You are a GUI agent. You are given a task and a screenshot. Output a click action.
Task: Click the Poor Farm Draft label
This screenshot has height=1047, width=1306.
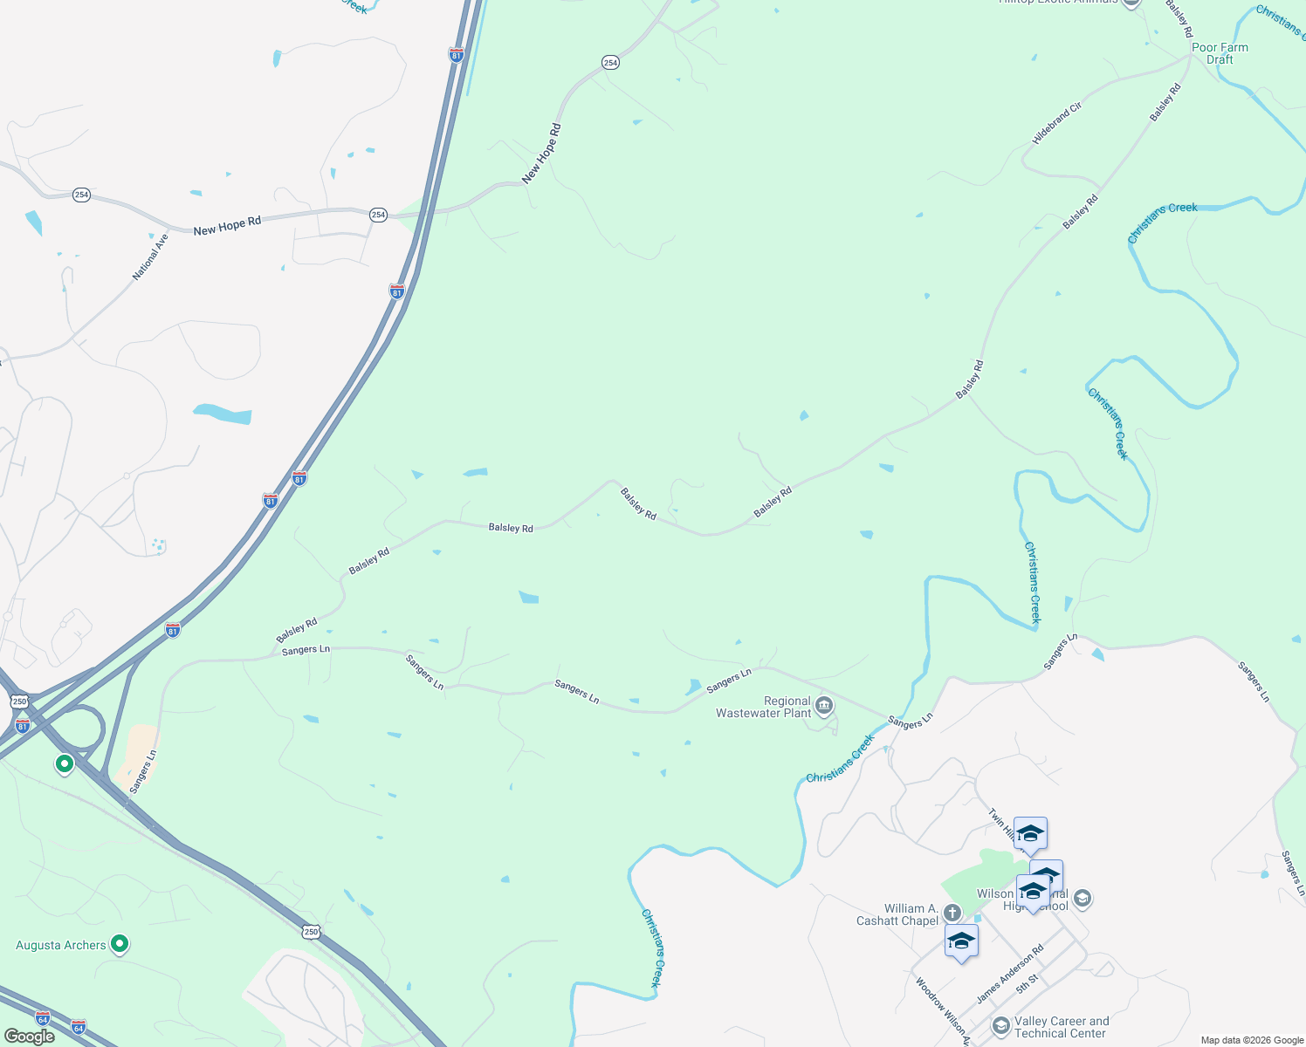[x=1220, y=54]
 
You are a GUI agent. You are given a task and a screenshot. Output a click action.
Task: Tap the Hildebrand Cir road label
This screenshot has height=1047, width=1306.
[x=1056, y=123]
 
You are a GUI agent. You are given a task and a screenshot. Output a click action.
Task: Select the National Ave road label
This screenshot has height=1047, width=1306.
[x=150, y=257]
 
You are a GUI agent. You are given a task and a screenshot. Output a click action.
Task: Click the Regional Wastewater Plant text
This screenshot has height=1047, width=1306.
[x=764, y=707]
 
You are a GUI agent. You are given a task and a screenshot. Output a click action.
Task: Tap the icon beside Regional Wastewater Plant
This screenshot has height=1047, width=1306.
[x=824, y=705]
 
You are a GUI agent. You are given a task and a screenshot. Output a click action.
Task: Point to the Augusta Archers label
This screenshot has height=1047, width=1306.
[x=61, y=945]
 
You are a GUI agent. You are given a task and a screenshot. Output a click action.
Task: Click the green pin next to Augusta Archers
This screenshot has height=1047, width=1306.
[x=120, y=944]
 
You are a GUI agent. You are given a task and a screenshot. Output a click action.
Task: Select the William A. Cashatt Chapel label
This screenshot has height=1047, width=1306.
[x=897, y=914]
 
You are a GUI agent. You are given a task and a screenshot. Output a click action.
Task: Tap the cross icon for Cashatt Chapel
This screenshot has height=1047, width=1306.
[x=952, y=913]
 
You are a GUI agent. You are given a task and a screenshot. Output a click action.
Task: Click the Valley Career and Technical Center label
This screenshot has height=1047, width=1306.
[x=1061, y=1027]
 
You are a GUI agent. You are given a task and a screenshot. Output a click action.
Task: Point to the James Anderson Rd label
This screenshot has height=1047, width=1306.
[x=1010, y=975]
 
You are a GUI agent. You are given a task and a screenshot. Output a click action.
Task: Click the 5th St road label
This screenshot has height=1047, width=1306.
[x=1028, y=983]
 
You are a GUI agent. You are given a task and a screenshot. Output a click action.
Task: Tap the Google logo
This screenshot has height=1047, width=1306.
[x=29, y=1037]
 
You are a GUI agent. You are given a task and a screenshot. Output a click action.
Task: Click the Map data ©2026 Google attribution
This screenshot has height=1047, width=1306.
[x=1252, y=1040]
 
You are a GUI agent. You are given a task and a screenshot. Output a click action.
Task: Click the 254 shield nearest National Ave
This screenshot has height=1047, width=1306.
[x=81, y=195]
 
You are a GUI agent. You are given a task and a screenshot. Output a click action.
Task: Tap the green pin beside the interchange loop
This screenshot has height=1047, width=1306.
[x=64, y=764]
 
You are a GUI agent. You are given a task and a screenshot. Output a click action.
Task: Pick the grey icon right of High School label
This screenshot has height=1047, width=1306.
[x=1083, y=898]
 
